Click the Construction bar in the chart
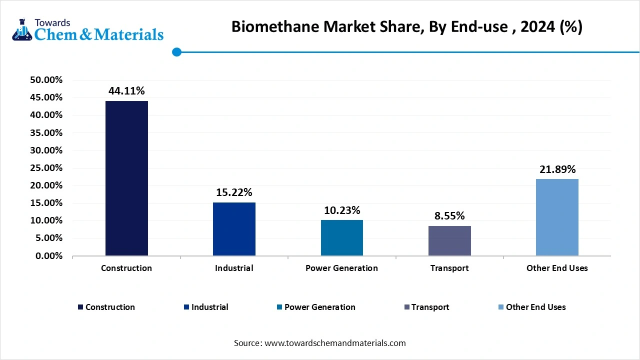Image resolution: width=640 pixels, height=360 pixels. click(x=126, y=178)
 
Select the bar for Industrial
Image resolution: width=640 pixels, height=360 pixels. click(x=234, y=229)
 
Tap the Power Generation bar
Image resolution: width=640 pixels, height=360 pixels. click(x=341, y=238)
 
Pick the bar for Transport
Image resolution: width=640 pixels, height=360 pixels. click(x=449, y=241)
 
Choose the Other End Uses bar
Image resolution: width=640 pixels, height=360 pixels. click(x=557, y=217)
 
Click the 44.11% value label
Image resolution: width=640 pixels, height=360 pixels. click(x=126, y=91)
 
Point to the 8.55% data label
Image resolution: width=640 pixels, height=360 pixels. click(x=449, y=216)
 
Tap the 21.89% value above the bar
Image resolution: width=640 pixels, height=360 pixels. click(x=557, y=169)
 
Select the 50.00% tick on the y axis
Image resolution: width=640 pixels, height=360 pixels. click(x=46, y=80)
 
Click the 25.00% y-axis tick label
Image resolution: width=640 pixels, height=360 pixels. click(x=46, y=168)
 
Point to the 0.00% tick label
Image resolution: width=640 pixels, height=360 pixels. click(x=49, y=256)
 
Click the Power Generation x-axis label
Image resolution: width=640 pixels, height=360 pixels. click(x=341, y=268)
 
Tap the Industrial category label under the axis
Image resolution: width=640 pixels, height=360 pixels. click(x=234, y=268)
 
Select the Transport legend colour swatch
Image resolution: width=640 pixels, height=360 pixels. click(x=406, y=307)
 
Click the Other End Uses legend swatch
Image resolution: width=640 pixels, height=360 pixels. click(x=501, y=307)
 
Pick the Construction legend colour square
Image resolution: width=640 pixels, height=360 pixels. click(x=80, y=307)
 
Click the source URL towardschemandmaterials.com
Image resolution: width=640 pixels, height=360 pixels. click(x=334, y=343)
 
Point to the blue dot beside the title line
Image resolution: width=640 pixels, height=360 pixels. click(x=176, y=51)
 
